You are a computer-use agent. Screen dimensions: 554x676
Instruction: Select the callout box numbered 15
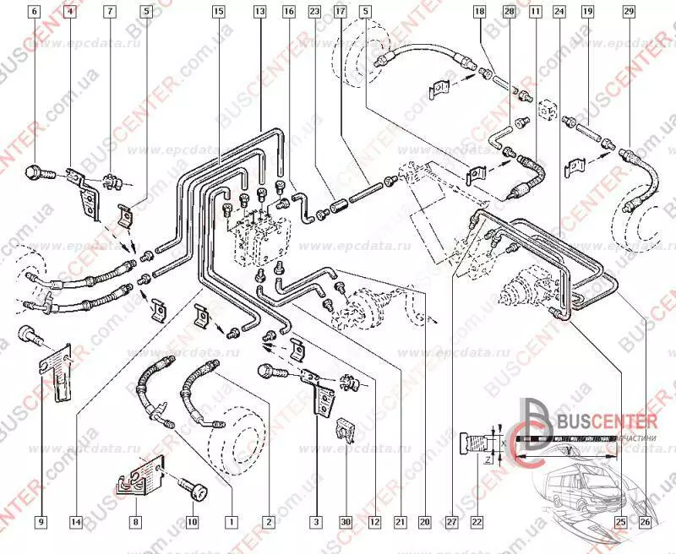pos(218,12)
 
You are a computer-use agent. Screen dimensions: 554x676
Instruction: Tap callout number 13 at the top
pos(259,12)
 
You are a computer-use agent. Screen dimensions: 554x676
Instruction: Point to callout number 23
pos(314,12)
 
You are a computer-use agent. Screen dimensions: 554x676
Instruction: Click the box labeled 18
pos(479,12)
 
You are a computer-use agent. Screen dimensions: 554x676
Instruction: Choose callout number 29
pos(628,12)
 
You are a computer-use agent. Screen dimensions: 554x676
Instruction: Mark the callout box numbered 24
pos(559,12)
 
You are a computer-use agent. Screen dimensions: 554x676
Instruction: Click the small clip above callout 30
pos(344,428)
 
